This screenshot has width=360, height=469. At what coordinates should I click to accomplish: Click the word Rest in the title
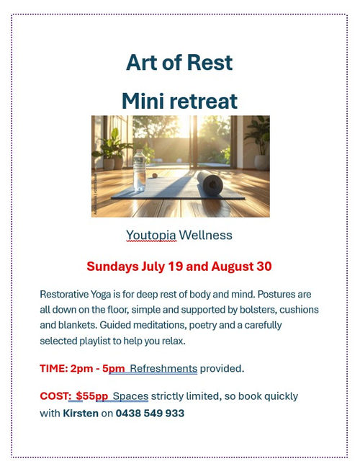click(207, 63)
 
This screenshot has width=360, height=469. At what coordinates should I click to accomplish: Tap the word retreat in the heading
click(203, 101)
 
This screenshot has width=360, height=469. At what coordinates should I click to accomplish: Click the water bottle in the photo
click(139, 170)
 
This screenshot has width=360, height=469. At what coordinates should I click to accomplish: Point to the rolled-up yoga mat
click(210, 183)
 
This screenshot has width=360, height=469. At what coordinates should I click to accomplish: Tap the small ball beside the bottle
click(155, 176)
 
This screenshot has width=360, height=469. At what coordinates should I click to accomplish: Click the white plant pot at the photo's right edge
click(261, 162)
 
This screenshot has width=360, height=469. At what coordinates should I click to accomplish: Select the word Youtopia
click(151, 235)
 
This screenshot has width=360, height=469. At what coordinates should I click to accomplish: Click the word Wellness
click(205, 235)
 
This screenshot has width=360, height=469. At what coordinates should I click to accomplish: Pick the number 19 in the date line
click(176, 267)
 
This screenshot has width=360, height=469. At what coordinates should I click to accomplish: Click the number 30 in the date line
click(264, 267)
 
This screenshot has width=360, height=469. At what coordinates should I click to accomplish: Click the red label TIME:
click(54, 368)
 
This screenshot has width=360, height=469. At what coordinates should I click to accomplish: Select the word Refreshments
click(163, 368)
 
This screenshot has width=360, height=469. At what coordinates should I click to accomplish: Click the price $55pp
click(91, 396)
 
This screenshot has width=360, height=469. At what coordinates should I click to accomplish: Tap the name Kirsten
click(81, 413)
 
